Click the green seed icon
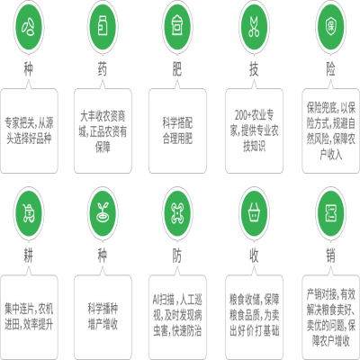click(29, 27)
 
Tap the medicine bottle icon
click(103, 27)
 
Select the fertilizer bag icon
click(177, 27)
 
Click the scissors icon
click(254, 27)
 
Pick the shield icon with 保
click(330, 27)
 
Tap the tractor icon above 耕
click(29, 213)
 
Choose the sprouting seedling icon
click(103, 213)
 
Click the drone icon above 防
click(177, 213)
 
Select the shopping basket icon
click(254, 213)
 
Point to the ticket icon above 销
click(330, 213)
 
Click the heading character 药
click(103, 69)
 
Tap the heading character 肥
click(177, 69)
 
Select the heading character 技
click(254, 69)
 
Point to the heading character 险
click(330, 69)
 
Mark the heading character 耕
click(29, 256)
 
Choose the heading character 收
click(254, 256)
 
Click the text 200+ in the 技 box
click(242, 115)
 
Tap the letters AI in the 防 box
click(156, 300)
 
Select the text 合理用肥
click(177, 139)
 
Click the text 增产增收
click(103, 324)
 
